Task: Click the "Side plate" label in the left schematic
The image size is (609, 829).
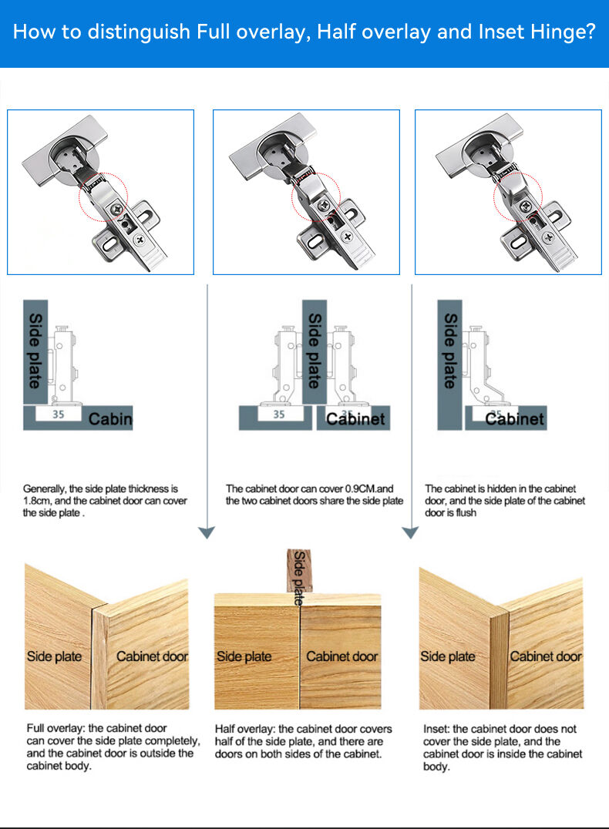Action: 35,351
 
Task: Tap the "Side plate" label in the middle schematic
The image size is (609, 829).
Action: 315,351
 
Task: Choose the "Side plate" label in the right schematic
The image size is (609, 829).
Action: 449,351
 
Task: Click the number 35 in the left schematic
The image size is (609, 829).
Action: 58,414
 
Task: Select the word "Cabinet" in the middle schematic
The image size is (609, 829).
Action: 355,419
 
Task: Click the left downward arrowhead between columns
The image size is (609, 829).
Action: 207,532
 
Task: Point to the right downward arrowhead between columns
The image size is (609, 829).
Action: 411,532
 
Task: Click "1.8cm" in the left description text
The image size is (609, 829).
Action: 36,501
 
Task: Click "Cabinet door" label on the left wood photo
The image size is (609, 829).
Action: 153,656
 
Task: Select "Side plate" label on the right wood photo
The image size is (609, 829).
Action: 448,656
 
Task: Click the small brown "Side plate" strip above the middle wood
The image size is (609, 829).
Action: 299,571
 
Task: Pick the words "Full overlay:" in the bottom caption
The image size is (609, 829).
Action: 56,729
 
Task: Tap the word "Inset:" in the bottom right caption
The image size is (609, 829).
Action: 436,729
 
